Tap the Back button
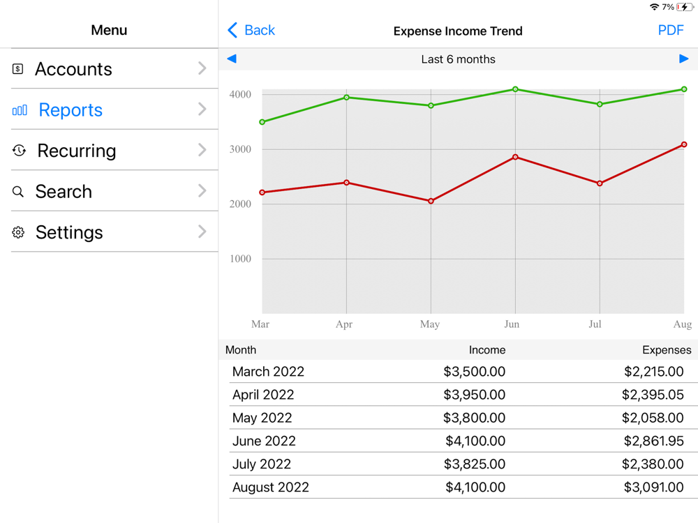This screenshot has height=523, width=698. point(251,31)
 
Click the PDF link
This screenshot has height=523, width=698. point(670,31)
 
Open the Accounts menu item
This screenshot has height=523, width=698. point(73,69)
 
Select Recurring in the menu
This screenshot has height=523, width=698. point(77,151)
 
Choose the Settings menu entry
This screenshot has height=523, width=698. point(69,232)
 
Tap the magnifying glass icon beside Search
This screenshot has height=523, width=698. point(18,192)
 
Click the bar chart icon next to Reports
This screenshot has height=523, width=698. point(20,110)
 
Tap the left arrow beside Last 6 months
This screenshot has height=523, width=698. point(232,59)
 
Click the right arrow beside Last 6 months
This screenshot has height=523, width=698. point(683,59)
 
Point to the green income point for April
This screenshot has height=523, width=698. point(347,98)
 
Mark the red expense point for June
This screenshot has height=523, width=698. point(516,158)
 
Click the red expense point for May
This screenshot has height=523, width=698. point(431,202)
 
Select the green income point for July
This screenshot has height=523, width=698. point(600,105)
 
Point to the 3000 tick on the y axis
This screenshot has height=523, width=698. point(240,149)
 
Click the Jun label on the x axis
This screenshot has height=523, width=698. point(512,324)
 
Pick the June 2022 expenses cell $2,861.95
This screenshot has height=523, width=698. point(653,441)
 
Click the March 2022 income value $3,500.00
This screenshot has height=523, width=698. point(474,372)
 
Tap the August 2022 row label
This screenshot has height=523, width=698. point(271,487)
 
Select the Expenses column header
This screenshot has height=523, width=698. point(666,350)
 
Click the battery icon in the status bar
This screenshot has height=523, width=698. point(685,7)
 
